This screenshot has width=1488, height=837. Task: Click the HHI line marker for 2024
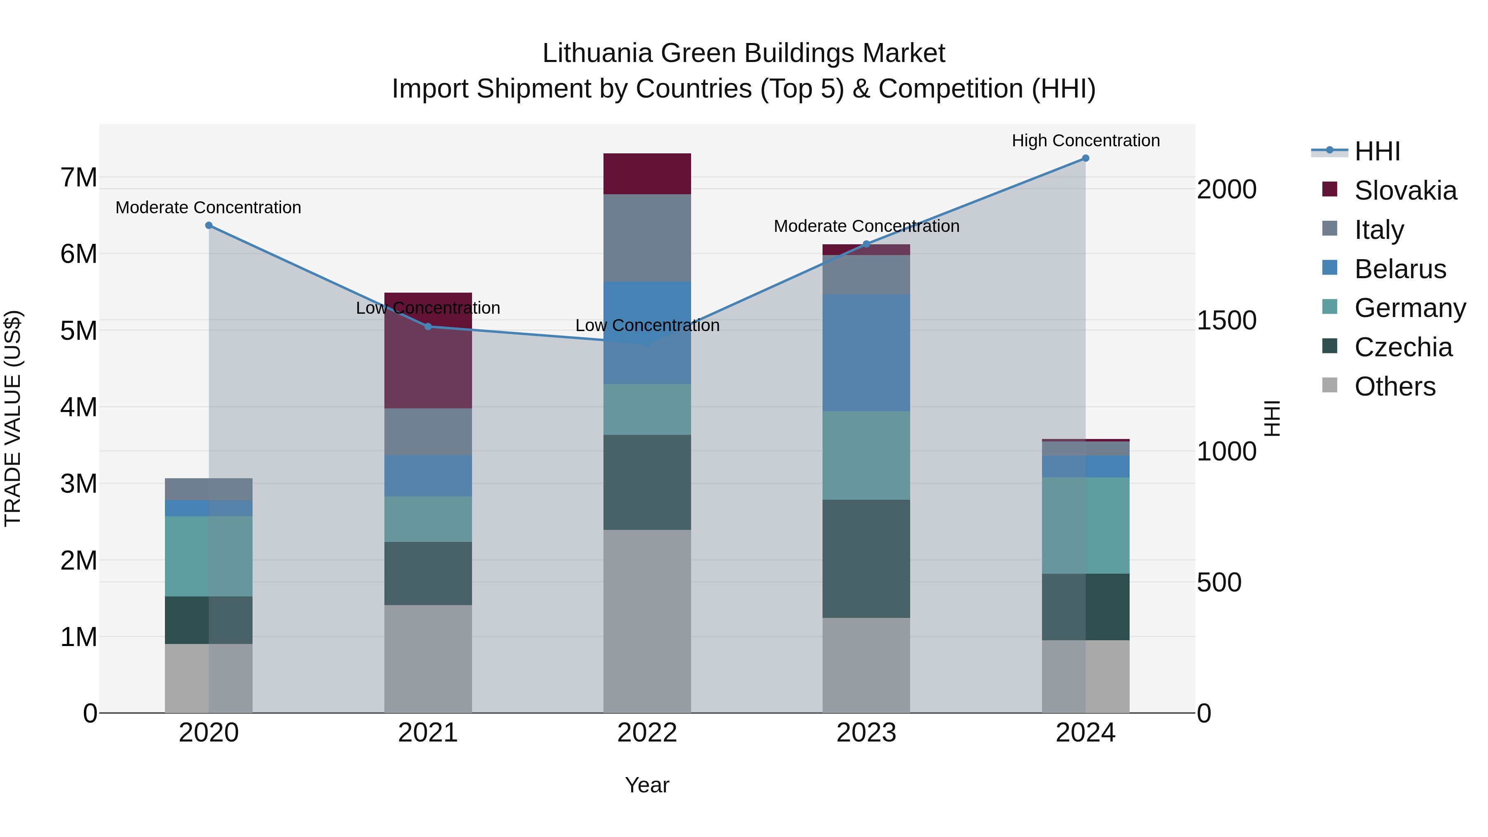(x=1085, y=158)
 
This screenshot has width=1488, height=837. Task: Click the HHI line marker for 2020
(x=209, y=225)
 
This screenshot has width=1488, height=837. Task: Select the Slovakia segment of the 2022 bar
(x=647, y=174)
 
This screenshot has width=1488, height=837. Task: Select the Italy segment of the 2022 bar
(x=647, y=238)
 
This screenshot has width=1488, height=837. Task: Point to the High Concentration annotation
(x=1085, y=141)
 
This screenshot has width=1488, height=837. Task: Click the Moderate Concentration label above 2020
(x=209, y=207)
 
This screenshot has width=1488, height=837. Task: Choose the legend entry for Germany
(x=1409, y=308)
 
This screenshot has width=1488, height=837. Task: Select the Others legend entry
(x=1395, y=386)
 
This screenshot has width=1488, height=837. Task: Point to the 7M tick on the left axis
(x=79, y=177)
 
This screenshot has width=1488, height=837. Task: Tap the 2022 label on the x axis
(x=647, y=733)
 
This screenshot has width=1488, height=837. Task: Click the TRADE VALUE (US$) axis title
(x=13, y=418)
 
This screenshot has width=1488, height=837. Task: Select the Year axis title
(x=647, y=785)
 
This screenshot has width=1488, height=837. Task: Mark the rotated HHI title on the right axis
(x=1272, y=418)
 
